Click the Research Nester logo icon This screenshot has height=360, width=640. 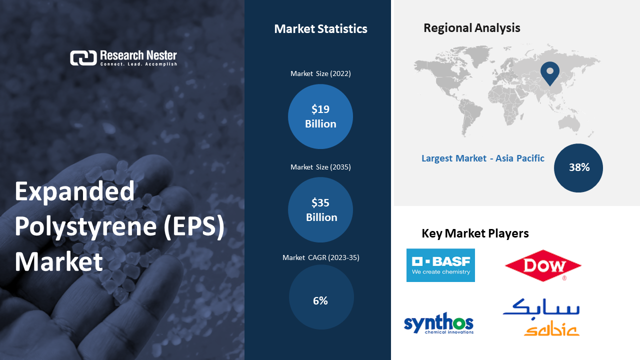tap(83, 57)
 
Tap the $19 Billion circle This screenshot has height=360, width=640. tap(320, 116)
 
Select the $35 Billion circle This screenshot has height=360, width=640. tap(320, 209)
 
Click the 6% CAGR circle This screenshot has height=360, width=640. tap(321, 297)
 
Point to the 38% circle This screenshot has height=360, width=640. tap(578, 168)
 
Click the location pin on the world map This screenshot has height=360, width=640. tap(550, 73)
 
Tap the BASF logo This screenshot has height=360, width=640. tap(440, 265)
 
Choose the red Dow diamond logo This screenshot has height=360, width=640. tap(543, 265)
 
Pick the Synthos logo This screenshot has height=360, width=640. tap(438, 323)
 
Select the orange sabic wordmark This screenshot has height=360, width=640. tap(551, 330)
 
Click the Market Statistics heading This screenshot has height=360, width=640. tap(320, 29)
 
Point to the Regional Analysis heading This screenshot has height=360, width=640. tap(471, 28)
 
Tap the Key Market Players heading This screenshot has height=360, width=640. tap(475, 233)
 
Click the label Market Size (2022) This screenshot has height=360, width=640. tap(320, 73)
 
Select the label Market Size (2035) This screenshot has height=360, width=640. tap(320, 167)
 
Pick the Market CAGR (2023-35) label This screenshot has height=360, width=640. tap(321, 257)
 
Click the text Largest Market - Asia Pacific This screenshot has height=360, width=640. tap(483, 158)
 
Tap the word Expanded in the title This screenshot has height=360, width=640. tap(74, 192)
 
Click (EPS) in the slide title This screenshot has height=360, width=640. tap(194, 226)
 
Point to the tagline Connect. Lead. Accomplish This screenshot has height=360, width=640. tap(138, 64)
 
